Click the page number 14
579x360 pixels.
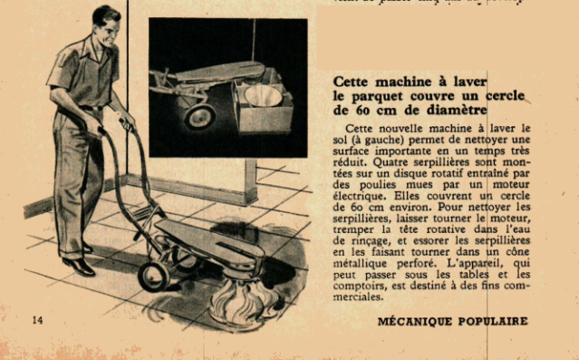point(37,320)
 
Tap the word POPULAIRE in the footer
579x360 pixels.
point(493,321)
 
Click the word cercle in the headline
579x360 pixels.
point(505,96)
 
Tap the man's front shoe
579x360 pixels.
point(79,267)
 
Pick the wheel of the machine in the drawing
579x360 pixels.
point(154,277)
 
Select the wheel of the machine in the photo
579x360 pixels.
point(199,116)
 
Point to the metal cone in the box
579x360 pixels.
point(263,96)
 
